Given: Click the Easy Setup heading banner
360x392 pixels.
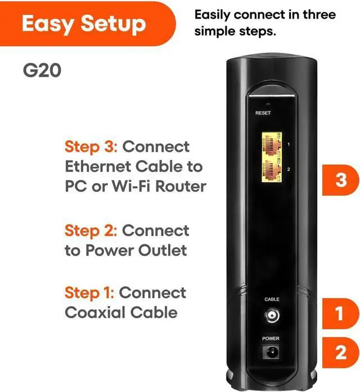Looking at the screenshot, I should coord(84,24).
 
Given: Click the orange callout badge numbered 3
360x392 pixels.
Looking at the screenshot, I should coord(340,180).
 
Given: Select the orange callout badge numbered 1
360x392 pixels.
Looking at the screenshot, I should coord(340,314).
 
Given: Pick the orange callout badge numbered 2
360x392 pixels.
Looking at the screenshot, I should coord(340,353).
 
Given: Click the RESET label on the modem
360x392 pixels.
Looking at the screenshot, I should coord(263,113).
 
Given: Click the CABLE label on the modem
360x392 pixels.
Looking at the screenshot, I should coord(272,299).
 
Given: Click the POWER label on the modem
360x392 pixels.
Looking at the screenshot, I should coord(271,338).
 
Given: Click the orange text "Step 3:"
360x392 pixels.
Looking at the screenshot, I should coord(91,147).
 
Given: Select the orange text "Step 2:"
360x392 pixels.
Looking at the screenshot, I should coord(91,231).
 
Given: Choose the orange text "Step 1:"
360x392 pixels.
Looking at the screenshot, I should coord(89,293).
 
